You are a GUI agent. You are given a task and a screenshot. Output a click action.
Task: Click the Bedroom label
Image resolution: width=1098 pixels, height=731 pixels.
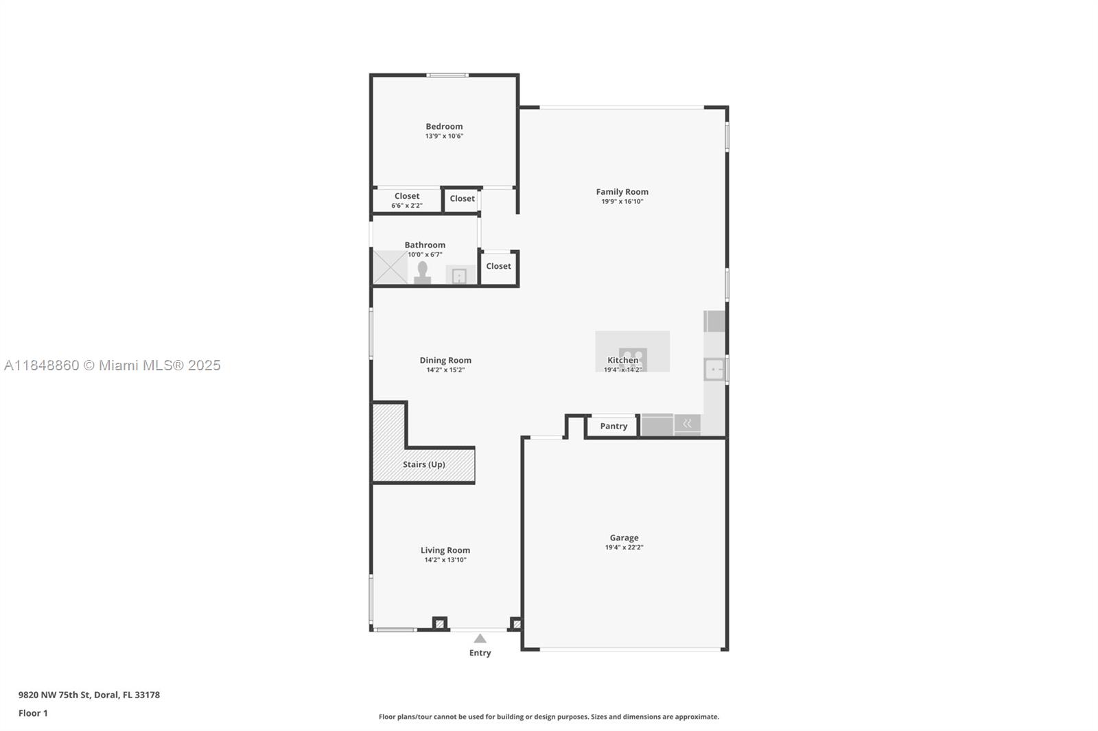[443, 126]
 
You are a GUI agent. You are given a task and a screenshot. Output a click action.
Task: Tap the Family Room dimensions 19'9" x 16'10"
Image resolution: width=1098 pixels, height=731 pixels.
[622, 202]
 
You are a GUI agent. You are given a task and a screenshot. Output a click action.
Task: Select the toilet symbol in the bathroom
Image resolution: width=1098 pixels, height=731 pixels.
[422, 272]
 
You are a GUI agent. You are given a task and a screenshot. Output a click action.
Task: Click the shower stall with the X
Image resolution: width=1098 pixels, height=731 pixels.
[390, 267]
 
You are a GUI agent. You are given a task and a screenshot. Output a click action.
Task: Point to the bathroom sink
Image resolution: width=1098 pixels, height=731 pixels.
[459, 276]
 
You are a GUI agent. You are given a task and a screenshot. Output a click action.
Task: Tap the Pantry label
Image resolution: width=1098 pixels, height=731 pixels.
[614, 427]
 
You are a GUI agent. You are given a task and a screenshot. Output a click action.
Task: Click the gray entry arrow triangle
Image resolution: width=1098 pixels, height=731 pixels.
[480, 638]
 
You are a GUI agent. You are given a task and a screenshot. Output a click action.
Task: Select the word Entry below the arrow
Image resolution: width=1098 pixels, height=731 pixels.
[480, 653]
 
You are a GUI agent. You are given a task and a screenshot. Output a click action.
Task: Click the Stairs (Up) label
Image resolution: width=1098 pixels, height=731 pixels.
[424, 464]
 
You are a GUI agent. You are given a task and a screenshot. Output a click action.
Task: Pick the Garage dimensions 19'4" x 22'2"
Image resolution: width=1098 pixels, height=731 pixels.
[624, 547]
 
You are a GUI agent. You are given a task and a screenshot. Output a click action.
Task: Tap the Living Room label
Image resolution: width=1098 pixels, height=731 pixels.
[445, 550]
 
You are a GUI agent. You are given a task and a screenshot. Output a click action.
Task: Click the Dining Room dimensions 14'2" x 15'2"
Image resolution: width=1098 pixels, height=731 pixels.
[445, 370]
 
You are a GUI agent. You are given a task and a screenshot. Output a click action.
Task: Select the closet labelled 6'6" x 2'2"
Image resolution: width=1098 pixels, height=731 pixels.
[407, 200]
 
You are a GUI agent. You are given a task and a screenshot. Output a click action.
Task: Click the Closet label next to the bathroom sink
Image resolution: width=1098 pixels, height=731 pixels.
[498, 266]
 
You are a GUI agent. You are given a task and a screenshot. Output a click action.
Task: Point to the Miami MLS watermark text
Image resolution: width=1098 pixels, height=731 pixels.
[113, 365]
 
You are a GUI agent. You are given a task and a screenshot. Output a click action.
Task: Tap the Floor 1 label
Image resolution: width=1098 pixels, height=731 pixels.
[33, 713]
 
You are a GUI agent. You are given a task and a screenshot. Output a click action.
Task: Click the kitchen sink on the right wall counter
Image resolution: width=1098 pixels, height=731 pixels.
[714, 369]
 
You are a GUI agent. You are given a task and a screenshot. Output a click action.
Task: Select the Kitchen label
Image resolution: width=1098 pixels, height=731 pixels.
[623, 360]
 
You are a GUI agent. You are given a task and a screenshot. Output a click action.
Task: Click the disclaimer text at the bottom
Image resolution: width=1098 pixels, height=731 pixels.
[549, 717]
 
